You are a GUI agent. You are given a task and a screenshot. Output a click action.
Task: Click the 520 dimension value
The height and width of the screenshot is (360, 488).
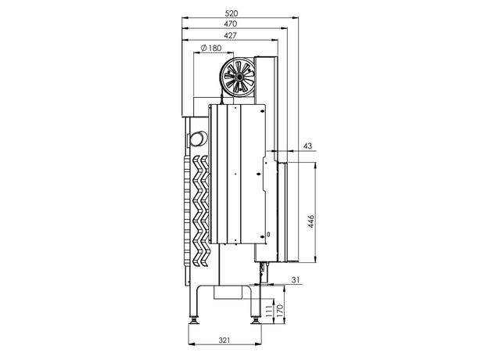pos(231,13)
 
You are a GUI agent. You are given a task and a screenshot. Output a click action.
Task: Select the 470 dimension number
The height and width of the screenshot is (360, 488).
pos(230,23)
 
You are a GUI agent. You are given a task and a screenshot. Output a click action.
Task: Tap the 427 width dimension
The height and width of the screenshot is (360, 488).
pos(230,35)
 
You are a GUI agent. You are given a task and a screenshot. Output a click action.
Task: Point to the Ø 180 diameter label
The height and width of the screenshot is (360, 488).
pos(211,48)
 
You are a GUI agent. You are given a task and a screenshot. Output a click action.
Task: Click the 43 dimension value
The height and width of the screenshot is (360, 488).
pos(307,146)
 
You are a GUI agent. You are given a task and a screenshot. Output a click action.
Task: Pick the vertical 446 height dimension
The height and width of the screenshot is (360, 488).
pos(311,221)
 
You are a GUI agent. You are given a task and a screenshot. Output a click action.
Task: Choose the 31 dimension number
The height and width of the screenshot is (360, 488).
pos(296,279)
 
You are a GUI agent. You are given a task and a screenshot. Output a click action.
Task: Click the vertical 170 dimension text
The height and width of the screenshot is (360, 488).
pos(279,311)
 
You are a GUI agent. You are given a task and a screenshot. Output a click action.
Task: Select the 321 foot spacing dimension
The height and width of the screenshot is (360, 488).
pos(224,340)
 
